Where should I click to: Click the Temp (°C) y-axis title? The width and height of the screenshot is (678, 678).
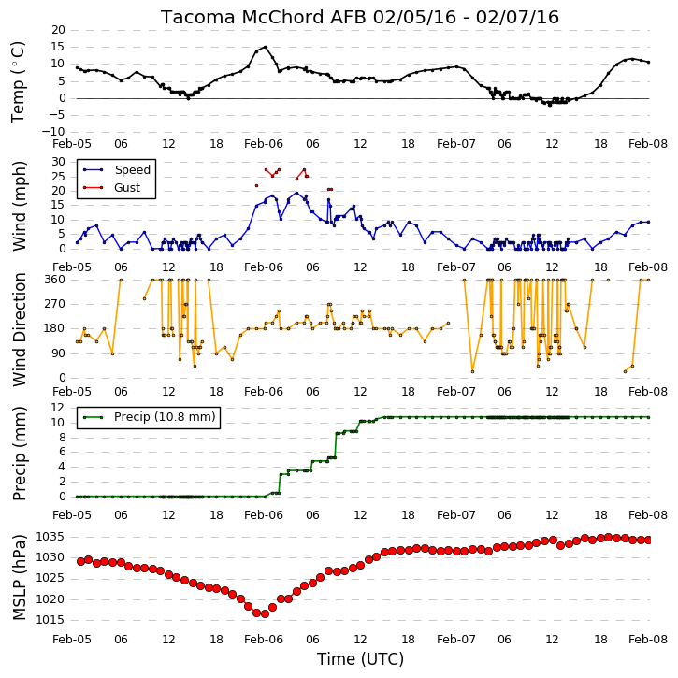(x=18, y=82)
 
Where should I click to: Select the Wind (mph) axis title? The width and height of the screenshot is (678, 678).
(x=19, y=206)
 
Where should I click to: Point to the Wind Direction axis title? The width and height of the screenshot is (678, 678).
(x=19, y=329)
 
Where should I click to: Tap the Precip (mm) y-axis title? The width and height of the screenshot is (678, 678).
(x=19, y=454)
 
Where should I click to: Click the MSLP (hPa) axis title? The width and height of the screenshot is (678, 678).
(x=19, y=577)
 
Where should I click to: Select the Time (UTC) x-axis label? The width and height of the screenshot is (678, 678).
(x=360, y=659)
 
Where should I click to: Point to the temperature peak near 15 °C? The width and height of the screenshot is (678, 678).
(x=266, y=47)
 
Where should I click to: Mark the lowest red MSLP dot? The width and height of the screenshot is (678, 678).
(x=265, y=614)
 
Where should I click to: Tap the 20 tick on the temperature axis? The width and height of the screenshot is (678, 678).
(x=58, y=30)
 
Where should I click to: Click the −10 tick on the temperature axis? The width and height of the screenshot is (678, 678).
(x=53, y=132)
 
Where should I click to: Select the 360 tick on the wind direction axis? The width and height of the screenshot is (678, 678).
(x=55, y=280)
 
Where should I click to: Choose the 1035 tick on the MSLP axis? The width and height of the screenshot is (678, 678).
(x=50, y=537)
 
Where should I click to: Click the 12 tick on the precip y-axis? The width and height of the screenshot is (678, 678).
(x=58, y=408)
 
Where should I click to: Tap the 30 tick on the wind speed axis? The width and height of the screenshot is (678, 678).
(x=58, y=162)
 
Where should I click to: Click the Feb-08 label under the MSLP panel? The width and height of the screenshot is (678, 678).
(x=648, y=639)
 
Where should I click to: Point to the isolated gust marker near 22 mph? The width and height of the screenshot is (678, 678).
(x=256, y=185)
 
